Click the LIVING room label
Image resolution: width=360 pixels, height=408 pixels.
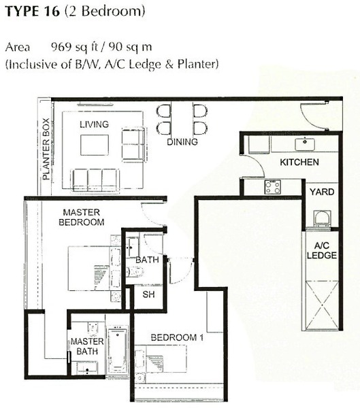point(94,124)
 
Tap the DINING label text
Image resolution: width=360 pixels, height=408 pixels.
point(182,142)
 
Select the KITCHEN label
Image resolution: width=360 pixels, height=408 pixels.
point(299,162)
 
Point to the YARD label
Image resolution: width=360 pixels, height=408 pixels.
point(322,192)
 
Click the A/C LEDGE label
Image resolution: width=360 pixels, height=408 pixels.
point(322,250)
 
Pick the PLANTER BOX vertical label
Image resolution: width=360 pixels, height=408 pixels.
point(46,149)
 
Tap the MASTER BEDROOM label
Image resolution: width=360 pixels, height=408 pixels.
point(82,217)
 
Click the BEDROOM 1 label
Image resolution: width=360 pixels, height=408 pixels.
point(177,337)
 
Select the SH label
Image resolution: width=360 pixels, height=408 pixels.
point(148,294)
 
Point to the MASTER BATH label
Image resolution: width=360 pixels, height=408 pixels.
point(87,346)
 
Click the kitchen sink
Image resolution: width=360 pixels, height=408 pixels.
point(304,144)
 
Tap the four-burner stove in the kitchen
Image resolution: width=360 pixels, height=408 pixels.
point(273,187)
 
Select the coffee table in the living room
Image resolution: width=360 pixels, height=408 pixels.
point(95,145)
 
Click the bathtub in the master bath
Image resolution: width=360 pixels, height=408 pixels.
point(118,350)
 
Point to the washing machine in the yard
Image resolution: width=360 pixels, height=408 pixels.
point(322,220)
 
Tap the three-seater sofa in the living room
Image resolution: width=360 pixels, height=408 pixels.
point(95,180)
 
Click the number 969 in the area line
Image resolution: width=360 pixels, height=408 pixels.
point(61,47)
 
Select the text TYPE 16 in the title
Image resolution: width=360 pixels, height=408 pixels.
point(33,11)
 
